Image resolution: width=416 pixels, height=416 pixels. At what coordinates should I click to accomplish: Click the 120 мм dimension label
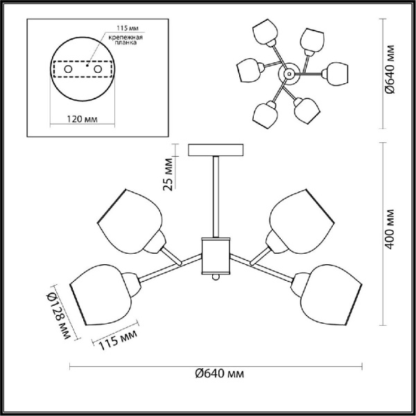coord(82,119)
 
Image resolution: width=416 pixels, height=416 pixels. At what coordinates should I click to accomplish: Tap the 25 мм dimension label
coord(168,174)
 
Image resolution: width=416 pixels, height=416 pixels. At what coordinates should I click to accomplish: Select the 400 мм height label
coord(390,229)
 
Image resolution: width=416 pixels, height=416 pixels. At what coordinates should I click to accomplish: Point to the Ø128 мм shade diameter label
coord(58,316)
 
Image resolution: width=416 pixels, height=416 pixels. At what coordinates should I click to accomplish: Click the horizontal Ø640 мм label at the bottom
coord(219,374)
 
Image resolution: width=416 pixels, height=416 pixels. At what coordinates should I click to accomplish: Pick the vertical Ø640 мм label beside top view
coord(390,69)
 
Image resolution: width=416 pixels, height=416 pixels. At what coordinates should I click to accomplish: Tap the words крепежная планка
coord(125,40)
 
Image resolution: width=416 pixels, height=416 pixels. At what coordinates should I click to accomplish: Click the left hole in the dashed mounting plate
coord(68,69)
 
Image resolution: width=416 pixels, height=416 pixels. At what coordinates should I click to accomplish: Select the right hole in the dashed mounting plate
coord(98,69)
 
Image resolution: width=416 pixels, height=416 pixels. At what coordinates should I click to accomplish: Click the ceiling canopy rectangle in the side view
coord(216,150)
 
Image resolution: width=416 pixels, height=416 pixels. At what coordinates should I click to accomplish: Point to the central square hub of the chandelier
coord(216,256)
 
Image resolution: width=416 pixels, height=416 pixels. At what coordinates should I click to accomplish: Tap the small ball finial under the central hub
coord(216,277)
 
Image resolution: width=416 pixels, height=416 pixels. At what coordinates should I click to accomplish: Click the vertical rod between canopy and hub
coord(216,197)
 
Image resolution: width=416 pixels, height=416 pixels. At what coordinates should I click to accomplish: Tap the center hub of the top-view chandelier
coord(289,73)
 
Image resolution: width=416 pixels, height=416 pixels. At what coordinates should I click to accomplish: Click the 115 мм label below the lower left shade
coord(118,340)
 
